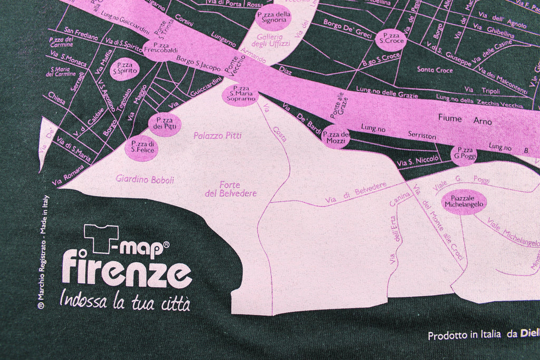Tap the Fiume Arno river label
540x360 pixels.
pos(465,121)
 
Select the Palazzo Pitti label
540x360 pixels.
pos(217,135)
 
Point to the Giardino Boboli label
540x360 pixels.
pos(145,179)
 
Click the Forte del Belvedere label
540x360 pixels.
pos(230,189)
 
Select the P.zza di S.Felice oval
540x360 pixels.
pos(142,148)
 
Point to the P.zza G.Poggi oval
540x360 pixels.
pos(465,153)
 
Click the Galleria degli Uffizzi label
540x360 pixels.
pos(270,41)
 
